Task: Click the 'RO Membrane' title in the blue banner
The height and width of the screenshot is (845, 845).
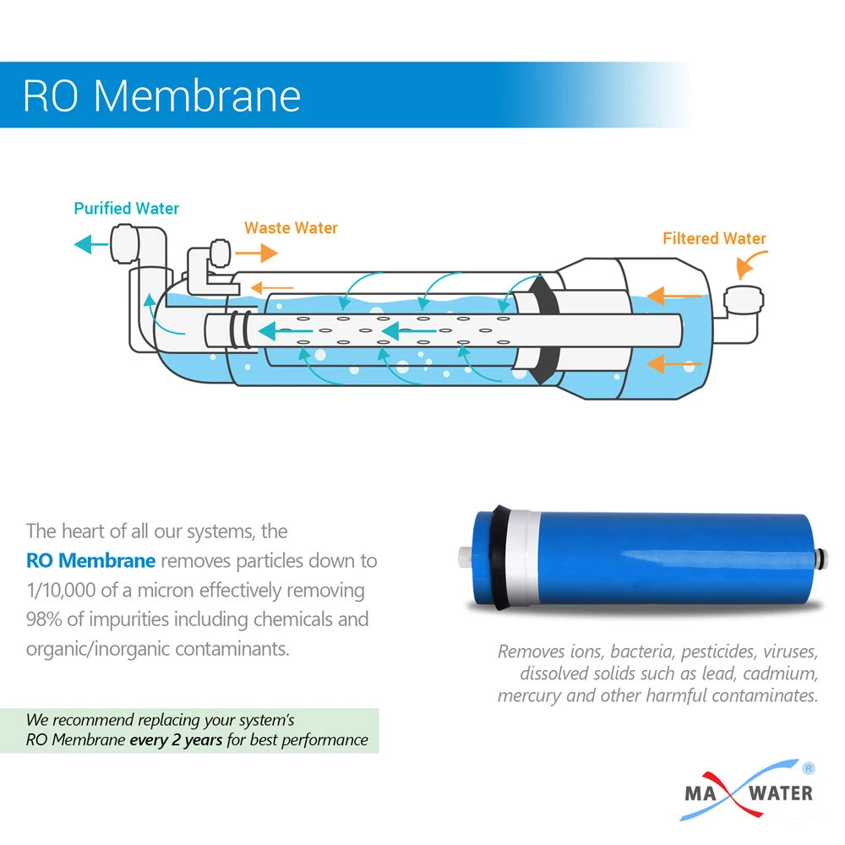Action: pos(161,95)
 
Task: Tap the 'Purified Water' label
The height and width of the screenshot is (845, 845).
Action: pos(127,208)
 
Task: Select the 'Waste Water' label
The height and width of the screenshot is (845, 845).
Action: pos(291,228)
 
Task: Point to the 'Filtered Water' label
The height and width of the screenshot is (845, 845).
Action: pos(714,238)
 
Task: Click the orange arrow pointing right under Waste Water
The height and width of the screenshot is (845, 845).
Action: pos(258,253)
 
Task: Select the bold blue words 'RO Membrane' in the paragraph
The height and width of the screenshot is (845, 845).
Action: pos(90,560)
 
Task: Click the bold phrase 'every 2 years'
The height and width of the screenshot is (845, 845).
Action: pos(176,739)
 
